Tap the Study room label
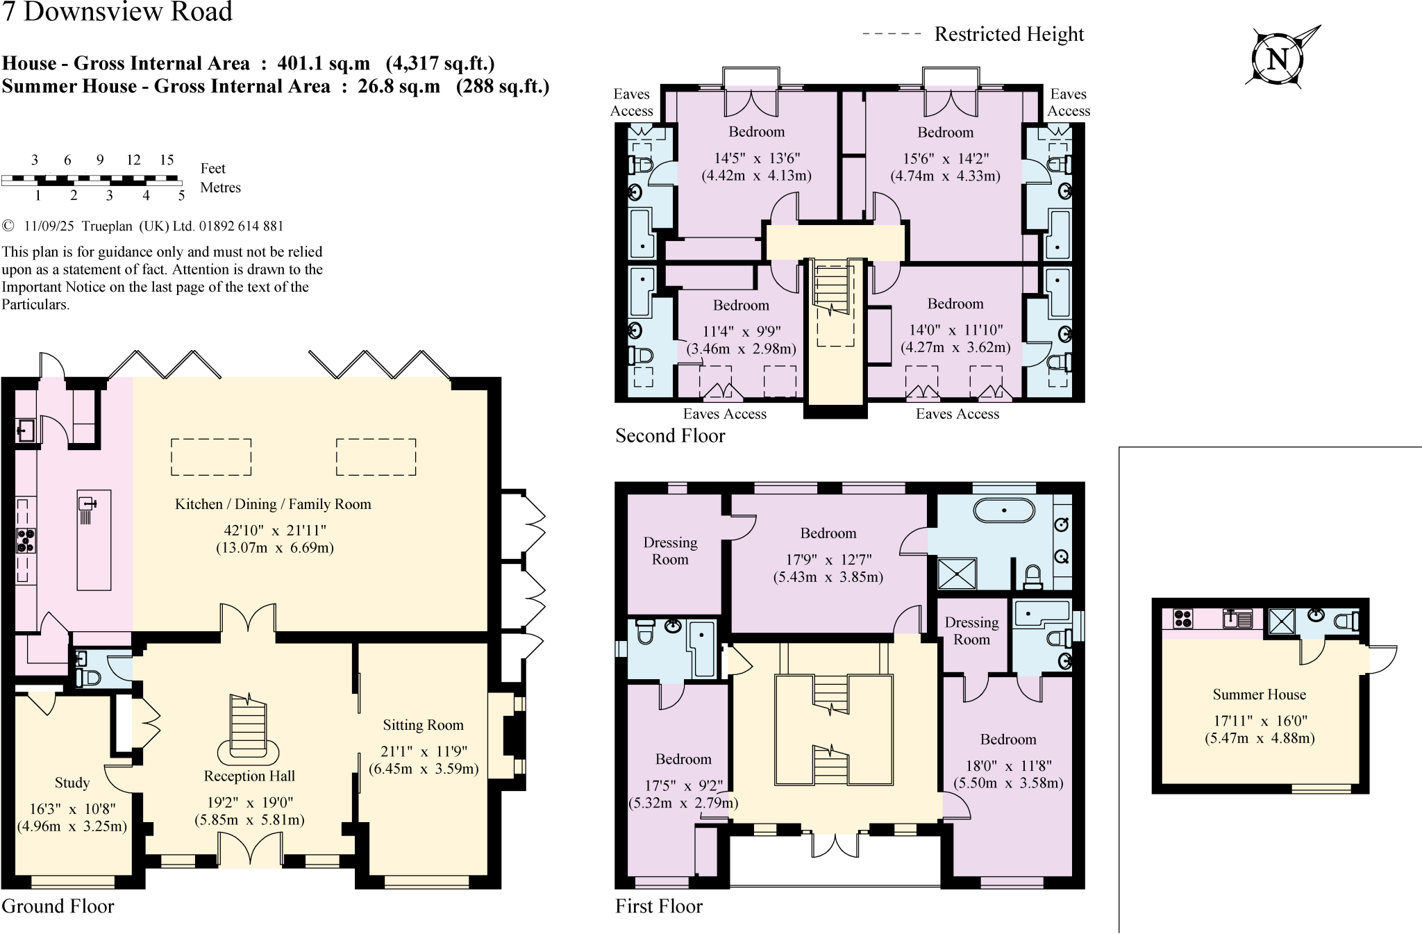72,783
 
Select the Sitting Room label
423,725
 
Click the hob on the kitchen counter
26,540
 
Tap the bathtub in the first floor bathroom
1004,511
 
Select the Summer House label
1259,694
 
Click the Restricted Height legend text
1009,34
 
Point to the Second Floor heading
670,435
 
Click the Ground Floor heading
58,906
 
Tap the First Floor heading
659,906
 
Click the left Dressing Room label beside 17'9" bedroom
670,551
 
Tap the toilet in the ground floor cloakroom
87,677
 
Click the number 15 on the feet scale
167,160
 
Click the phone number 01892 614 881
241,226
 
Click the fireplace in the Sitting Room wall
512,735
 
